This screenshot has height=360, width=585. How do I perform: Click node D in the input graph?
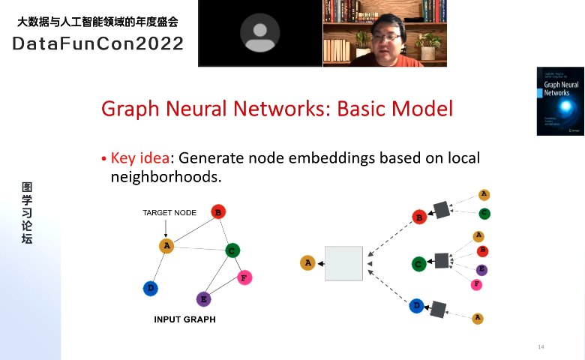(x=150, y=288)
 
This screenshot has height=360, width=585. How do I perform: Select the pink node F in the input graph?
(x=244, y=278)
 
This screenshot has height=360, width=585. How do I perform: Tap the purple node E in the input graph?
(x=203, y=299)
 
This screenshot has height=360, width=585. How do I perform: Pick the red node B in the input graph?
(x=217, y=212)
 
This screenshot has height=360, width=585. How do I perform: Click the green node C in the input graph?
(x=232, y=250)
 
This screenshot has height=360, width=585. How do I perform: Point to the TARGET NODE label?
(x=169, y=213)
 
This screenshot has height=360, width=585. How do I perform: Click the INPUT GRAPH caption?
(x=184, y=319)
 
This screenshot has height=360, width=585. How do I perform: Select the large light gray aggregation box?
(x=343, y=263)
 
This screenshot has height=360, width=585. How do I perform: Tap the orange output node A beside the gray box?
(x=307, y=262)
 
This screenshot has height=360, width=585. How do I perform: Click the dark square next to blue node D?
(x=438, y=308)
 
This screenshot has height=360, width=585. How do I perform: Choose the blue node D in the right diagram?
(x=417, y=305)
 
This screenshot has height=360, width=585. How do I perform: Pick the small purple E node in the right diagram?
(x=481, y=269)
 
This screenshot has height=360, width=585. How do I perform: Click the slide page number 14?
(x=541, y=346)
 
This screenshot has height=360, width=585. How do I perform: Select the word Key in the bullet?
(x=123, y=158)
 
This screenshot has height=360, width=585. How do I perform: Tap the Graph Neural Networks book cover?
(x=560, y=101)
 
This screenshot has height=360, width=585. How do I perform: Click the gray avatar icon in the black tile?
(x=259, y=34)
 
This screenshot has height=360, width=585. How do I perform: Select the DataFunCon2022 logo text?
(x=97, y=43)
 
